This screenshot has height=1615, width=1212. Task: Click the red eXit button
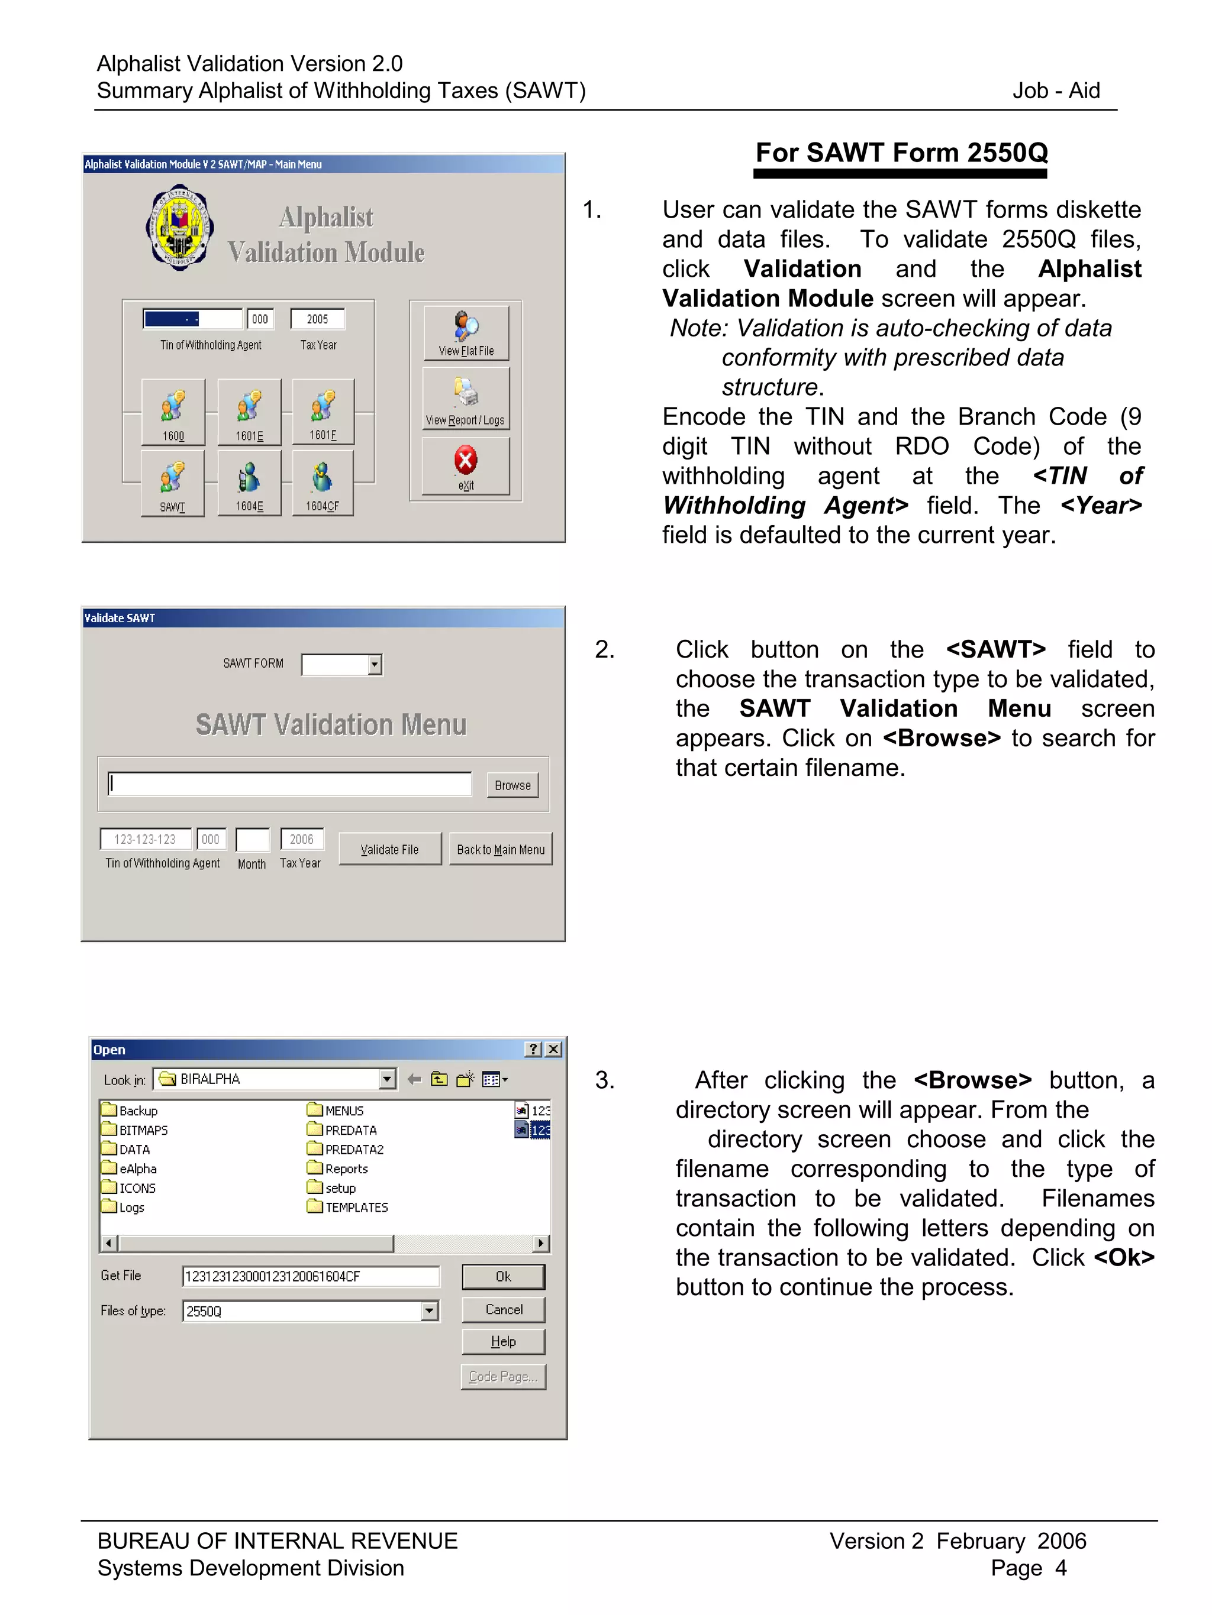[x=465, y=467]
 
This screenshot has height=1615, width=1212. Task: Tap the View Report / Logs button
[x=465, y=399]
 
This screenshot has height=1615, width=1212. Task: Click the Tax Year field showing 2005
[x=317, y=319]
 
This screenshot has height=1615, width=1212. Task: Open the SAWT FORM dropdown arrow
[x=374, y=665]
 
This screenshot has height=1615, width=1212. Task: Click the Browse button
[x=512, y=785]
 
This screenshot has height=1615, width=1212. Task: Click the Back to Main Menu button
[x=501, y=849]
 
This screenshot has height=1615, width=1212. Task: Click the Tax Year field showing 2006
[x=302, y=840]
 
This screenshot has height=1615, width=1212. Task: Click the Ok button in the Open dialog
[x=504, y=1276]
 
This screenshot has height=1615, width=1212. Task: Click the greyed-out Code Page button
[x=504, y=1376]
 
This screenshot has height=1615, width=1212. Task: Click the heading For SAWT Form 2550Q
[x=901, y=153]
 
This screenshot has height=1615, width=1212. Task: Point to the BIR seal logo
[x=180, y=227]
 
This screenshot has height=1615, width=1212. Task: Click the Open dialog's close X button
[x=554, y=1049]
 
